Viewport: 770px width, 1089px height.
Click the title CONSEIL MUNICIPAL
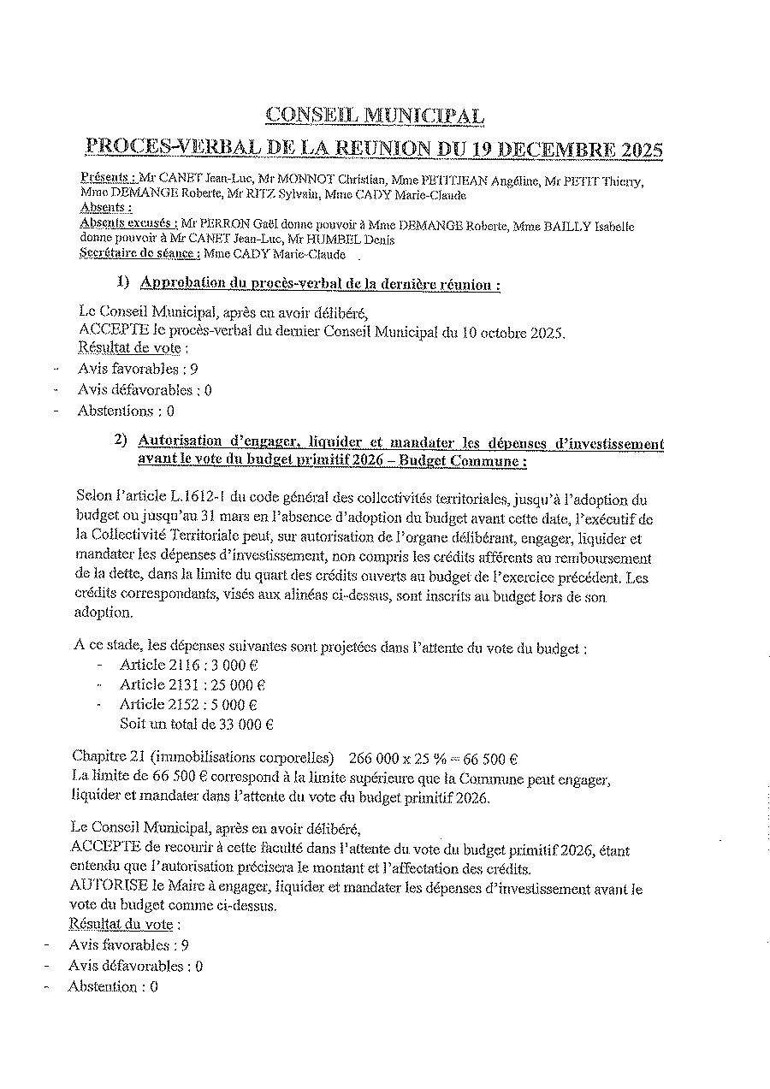[375, 115]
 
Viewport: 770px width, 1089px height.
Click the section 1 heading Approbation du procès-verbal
[320, 284]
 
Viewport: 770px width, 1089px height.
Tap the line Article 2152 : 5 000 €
[188, 705]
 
